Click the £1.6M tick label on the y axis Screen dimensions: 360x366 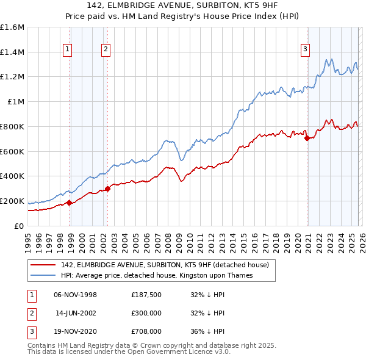coord(12,27)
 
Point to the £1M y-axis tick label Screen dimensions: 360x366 coord(16,102)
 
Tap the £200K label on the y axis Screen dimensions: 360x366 coord(12,201)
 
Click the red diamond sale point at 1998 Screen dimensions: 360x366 coord(70,203)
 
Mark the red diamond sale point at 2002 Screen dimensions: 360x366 coord(108,189)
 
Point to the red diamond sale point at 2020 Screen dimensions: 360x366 coord(307,138)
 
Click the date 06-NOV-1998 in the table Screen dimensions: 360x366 coord(75,295)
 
